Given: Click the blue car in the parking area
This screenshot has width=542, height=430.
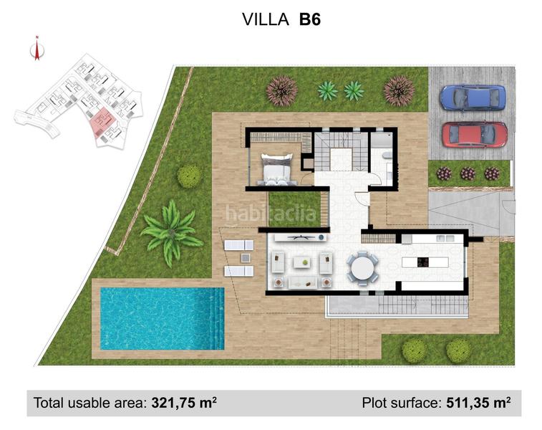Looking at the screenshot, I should click(473, 97).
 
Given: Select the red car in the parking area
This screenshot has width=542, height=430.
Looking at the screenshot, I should click(474, 134).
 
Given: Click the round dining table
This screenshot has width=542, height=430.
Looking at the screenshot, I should click(362, 268).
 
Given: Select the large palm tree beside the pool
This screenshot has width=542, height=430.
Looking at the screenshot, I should click(170, 231).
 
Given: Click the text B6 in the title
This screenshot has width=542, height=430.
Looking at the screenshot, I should click(309, 19).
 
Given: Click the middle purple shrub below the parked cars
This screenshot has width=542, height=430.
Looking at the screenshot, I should click(468, 173).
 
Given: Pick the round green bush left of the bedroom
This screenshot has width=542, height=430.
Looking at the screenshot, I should click(189, 176).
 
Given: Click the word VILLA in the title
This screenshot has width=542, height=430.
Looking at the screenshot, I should click(266, 19).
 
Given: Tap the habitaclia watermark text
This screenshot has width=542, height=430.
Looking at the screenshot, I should click(271, 213).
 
